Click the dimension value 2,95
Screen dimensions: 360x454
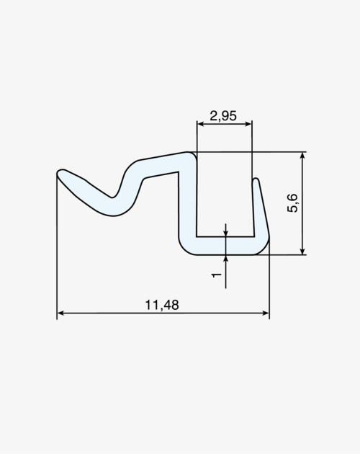[223, 116]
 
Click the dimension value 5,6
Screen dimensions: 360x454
[293, 203]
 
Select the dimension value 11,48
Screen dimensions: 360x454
[162, 305]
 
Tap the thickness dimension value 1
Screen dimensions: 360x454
[216, 275]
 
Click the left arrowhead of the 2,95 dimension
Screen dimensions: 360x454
[201, 124]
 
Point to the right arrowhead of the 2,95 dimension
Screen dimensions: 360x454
[248, 124]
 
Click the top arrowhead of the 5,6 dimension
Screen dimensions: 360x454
[302, 156]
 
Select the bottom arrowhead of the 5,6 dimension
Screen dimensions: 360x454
[302, 251]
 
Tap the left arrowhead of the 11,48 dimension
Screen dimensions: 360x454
[60, 313]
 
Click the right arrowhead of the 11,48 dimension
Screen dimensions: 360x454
[266, 313]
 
